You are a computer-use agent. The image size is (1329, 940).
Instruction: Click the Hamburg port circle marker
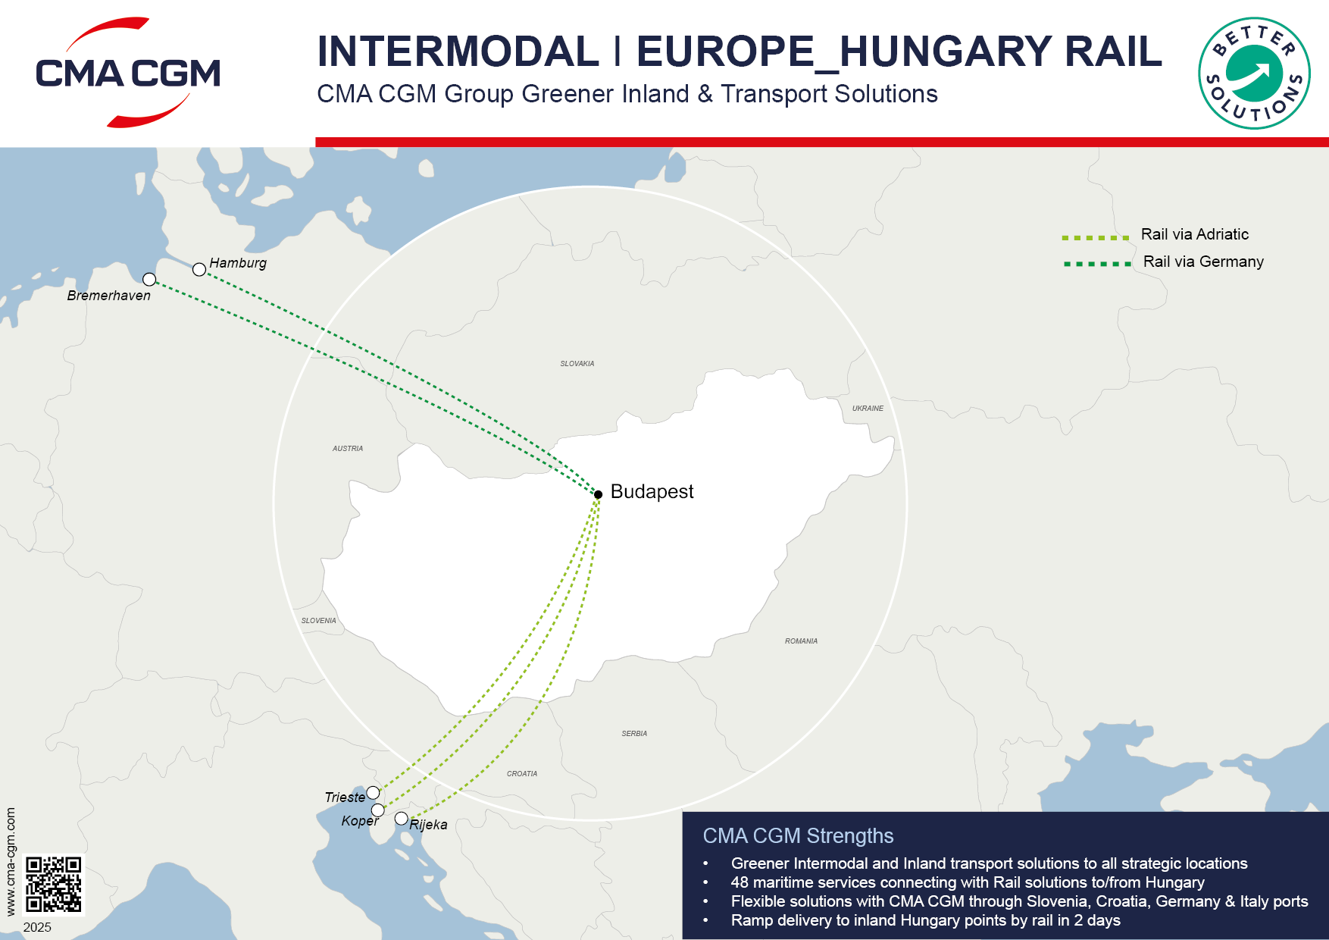click(x=199, y=269)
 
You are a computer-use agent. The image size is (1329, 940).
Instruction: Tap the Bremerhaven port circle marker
click(x=149, y=280)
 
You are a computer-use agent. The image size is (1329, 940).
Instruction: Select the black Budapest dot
click(x=598, y=494)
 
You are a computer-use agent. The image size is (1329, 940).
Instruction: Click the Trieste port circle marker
click(x=373, y=793)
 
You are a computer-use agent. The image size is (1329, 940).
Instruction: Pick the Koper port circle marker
click(x=377, y=810)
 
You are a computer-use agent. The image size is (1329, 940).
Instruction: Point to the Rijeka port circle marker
click(x=402, y=819)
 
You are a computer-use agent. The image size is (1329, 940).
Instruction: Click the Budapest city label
click(x=652, y=492)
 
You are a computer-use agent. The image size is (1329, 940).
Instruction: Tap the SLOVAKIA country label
click(x=577, y=364)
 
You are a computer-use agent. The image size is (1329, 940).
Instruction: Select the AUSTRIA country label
click(x=348, y=449)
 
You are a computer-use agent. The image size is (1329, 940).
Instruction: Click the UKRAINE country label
click(x=868, y=409)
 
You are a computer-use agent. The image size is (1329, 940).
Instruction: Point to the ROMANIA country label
click(x=801, y=641)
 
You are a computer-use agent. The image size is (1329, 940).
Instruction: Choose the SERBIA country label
click(x=634, y=734)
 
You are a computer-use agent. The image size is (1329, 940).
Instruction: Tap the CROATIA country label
click(x=522, y=774)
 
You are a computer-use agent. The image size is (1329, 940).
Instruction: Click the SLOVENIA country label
click(x=318, y=621)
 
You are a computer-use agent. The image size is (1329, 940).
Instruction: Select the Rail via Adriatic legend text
click(x=1195, y=234)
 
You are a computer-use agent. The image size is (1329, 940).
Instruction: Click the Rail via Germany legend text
click(x=1203, y=262)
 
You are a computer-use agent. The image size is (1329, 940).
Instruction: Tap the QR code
click(x=53, y=884)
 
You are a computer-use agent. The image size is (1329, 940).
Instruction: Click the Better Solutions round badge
click(x=1254, y=74)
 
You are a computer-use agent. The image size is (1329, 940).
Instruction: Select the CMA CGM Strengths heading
click(x=798, y=835)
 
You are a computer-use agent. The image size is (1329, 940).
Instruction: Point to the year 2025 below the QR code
click(x=37, y=927)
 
